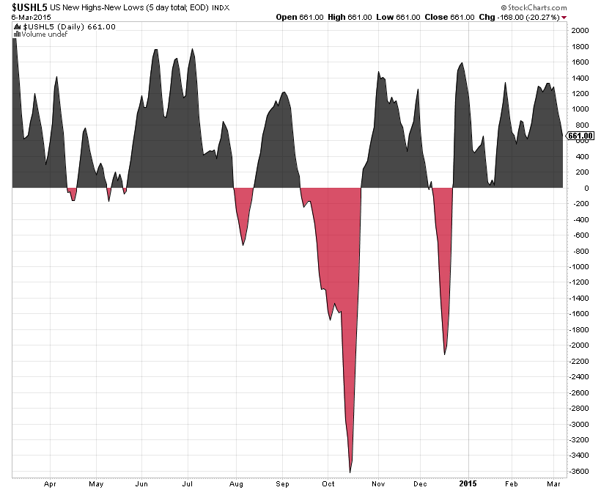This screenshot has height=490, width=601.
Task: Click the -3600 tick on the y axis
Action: (x=579, y=472)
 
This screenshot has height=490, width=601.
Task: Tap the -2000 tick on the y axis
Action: (x=579, y=345)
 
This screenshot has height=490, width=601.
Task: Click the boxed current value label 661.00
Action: (x=579, y=136)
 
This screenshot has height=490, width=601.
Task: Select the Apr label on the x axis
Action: (x=50, y=484)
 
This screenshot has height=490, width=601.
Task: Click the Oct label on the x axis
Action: (x=328, y=484)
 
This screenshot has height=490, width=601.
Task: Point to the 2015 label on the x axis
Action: (x=467, y=484)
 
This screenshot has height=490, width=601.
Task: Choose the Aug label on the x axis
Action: (x=236, y=484)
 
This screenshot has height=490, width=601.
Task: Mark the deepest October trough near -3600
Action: (x=350, y=472)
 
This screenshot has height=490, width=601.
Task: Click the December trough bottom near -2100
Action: (x=445, y=354)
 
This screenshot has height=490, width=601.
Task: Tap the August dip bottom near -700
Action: (x=243, y=244)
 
